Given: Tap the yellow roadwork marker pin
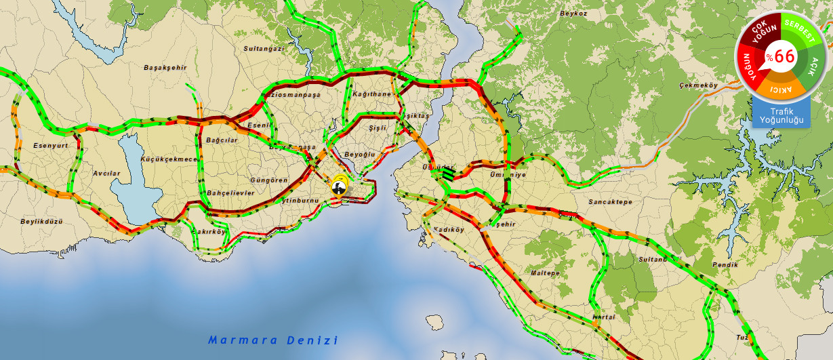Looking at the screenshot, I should point(338,184).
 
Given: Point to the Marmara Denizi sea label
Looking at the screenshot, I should point(272,340).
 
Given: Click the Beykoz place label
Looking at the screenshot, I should point(573,14).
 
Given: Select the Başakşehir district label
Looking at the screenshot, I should point(165,67).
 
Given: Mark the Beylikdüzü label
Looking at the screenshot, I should point(41,221).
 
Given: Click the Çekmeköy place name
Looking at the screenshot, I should point(697,85).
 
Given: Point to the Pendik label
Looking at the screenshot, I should point(726,264).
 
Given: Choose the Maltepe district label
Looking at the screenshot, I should point(545,273).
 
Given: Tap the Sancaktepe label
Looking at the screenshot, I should point(609,202).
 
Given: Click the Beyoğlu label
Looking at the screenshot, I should point(360,155).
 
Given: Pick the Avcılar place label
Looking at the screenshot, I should point(106,174).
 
